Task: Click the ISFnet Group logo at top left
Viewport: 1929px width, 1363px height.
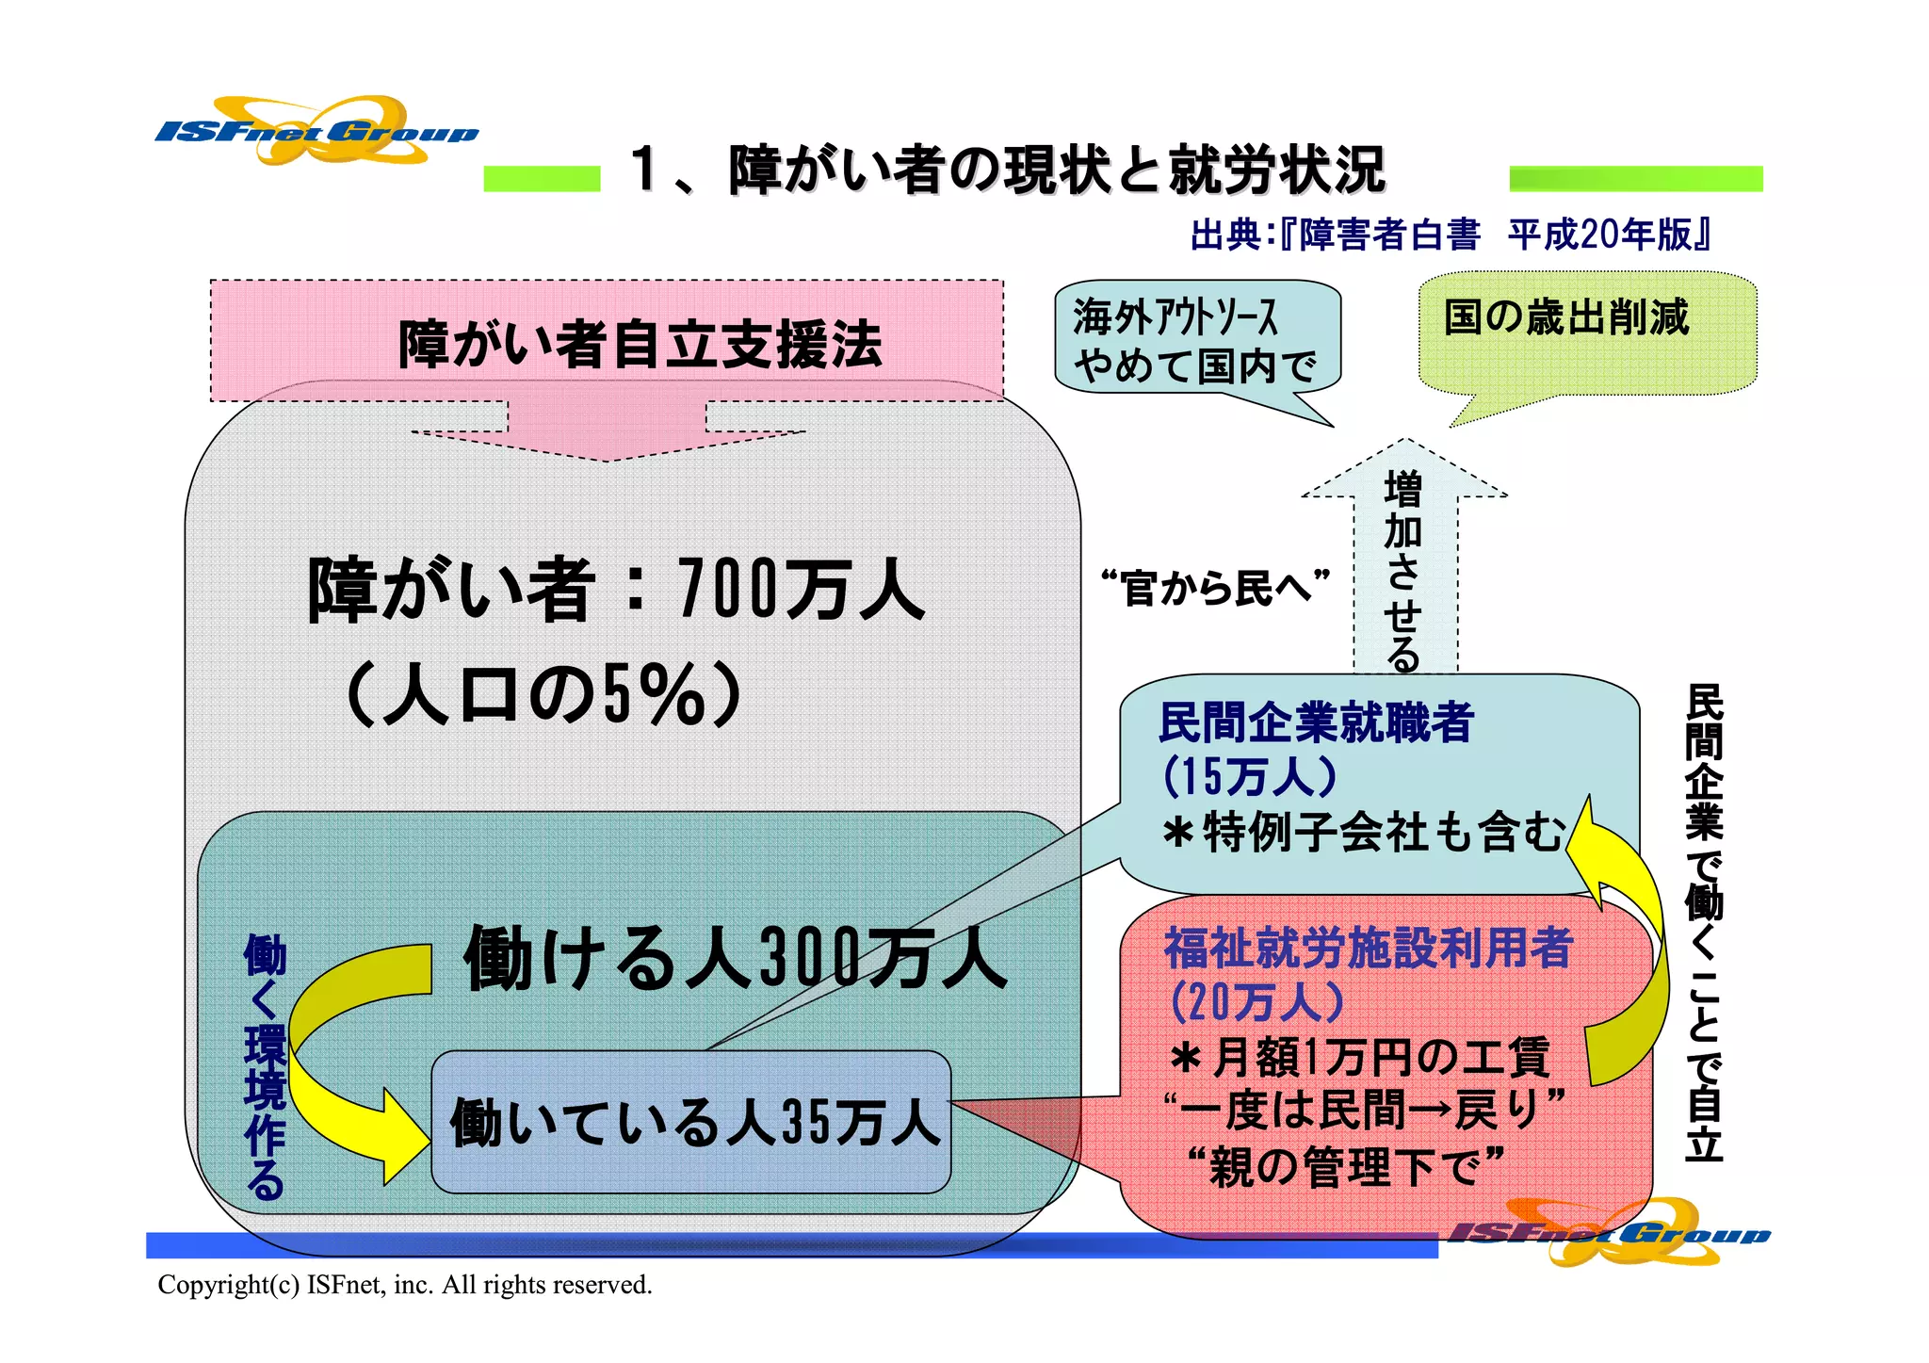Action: point(316,132)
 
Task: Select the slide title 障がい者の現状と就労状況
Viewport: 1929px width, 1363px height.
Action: point(1009,170)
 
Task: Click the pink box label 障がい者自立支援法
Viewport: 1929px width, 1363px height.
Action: point(640,345)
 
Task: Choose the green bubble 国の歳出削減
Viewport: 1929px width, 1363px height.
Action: point(1566,318)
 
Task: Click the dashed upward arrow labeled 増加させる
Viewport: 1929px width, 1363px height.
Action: point(1403,565)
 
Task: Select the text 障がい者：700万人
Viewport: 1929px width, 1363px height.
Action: point(617,591)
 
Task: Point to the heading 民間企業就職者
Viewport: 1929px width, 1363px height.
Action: point(1316,723)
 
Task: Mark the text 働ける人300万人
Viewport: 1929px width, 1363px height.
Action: point(735,959)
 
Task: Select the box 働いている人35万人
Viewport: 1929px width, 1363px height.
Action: point(692,1123)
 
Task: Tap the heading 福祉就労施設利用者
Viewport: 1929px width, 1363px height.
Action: point(1369,948)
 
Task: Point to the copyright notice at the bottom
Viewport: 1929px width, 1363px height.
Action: point(405,1285)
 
